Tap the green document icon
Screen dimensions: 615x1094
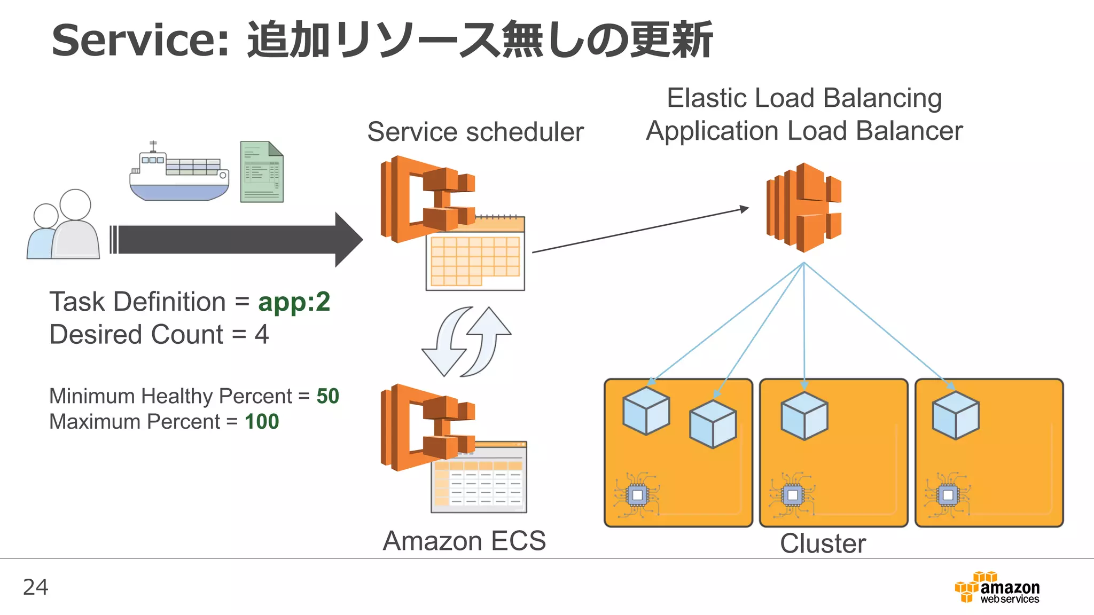point(261,172)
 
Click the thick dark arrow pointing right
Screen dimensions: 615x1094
point(235,239)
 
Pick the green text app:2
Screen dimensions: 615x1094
point(294,302)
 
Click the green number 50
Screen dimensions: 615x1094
point(327,396)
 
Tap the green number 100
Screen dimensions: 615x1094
point(262,422)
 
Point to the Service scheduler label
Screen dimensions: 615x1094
point(475,132)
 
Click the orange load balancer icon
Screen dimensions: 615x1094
point(804,208)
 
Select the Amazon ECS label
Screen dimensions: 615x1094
point(464,541)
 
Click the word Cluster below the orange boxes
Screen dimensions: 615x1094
point(823,543)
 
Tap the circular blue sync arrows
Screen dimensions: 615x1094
point(466,342)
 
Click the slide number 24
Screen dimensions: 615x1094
point(36,587)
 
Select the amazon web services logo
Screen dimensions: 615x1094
point(997,588)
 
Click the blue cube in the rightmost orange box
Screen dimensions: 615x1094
point(956,415)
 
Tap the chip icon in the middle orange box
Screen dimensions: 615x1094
point(792,495)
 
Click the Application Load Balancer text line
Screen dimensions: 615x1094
point(804,131)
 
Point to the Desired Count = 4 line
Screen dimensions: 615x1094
point(159,335)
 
